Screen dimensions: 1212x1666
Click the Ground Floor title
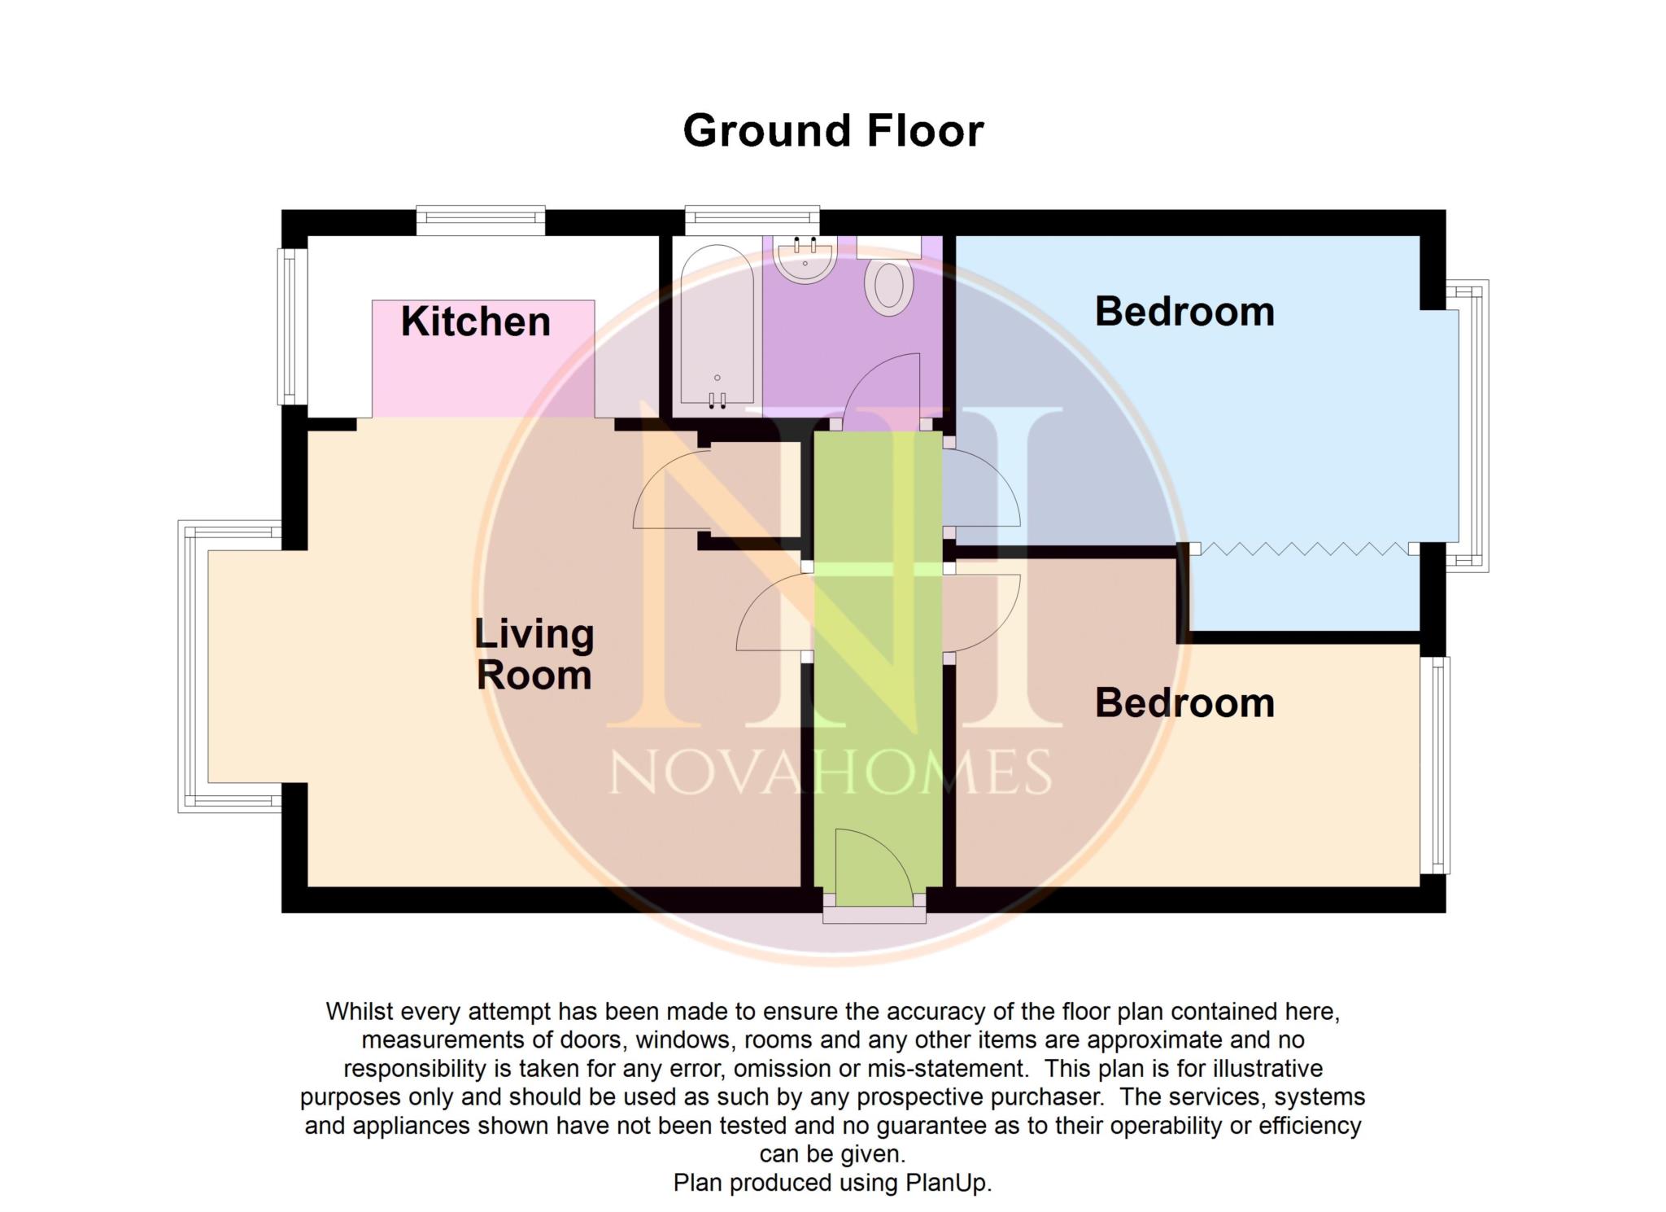(833, 131)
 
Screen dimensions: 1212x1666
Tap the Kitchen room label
(476, 322)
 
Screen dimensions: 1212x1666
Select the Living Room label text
(534, 654)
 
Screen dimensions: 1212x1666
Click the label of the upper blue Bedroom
(1184, 312)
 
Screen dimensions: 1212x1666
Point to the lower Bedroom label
(1184, 703)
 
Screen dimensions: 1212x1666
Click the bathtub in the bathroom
(717, 326)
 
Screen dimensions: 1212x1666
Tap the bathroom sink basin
(805, 258)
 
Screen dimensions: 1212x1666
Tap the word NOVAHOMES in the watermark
(830, 773)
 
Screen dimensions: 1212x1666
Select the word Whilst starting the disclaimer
(359, 1012)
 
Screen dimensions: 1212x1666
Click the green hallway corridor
(879, 733)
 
